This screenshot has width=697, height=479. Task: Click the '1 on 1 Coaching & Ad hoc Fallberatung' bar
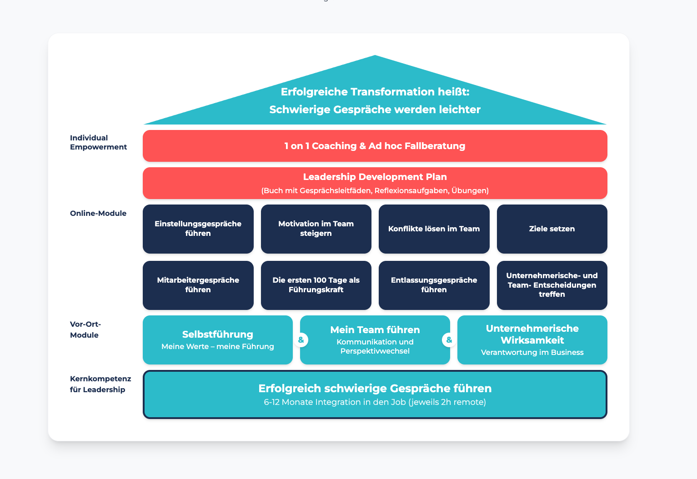[x=375, y=146]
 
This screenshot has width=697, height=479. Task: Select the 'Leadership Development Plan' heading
[x=375, y=177]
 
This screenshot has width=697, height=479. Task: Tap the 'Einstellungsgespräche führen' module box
[x=198, y=229]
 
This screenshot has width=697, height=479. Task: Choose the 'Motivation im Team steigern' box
[x=316, y=229]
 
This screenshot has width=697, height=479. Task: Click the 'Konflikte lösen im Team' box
[x=434, y=229]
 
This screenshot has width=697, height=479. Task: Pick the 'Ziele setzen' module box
[x=552, y=229]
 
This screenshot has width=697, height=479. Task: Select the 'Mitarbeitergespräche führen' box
[x=198, y=285]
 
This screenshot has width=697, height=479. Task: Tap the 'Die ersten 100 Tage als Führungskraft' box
[x=316, y=285]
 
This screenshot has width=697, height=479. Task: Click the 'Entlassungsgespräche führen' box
[x=434, y=285]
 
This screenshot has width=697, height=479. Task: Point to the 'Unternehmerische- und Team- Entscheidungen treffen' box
[x=552, y=285]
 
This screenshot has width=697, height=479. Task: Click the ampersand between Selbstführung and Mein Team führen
[x=301, y=340]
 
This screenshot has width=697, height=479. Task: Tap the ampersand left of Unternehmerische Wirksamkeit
[x=449, y=340]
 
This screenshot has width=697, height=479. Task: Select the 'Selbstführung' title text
[x=217, y=334]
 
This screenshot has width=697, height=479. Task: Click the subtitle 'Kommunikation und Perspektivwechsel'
[x=375, y=347]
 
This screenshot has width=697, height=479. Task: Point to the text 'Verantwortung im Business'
[x=532, y=353]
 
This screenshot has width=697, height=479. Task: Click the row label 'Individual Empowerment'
[x=98, y=142]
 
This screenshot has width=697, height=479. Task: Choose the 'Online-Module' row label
[x=98, y=213]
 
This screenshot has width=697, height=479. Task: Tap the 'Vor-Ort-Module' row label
[x=85, y=329]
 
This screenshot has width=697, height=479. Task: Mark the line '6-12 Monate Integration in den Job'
[x=375, y=402]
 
